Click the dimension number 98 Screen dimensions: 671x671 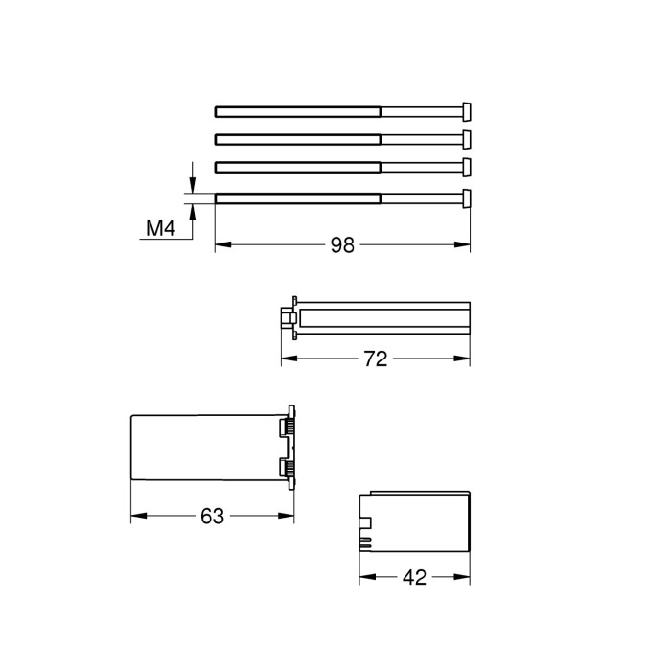342,245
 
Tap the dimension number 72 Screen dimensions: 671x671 376,359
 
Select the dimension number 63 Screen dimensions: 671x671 212,516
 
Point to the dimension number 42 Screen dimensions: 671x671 414,578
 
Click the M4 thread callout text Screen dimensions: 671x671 160,228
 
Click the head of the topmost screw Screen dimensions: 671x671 467,112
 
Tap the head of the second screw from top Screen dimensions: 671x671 467,140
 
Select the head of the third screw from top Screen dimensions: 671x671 467,167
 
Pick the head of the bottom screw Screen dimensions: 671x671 467,198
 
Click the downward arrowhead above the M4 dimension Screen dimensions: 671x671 193,186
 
